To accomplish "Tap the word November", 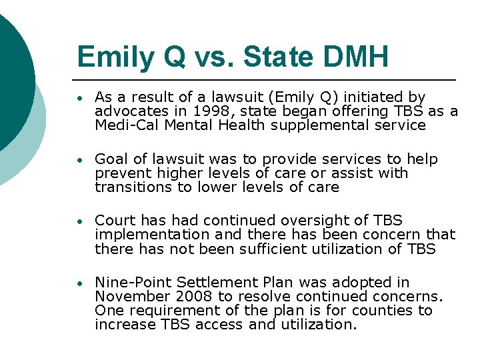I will click(x=129, y=297).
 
